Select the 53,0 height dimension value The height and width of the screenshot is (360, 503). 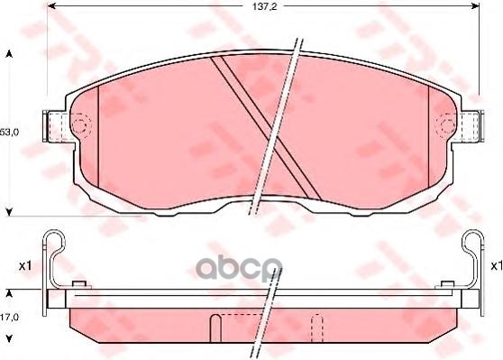[x=10, y=132]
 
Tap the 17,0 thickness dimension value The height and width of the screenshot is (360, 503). [x=10, y=316]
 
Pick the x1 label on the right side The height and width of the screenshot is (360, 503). [x=495, y=266]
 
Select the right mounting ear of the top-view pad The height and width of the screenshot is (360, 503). [x=468, y=123]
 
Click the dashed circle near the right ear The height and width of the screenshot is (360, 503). [x=444, y=123]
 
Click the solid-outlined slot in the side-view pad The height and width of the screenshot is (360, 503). [x=215, y=326]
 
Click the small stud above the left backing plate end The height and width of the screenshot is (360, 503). [x=78, y=286]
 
